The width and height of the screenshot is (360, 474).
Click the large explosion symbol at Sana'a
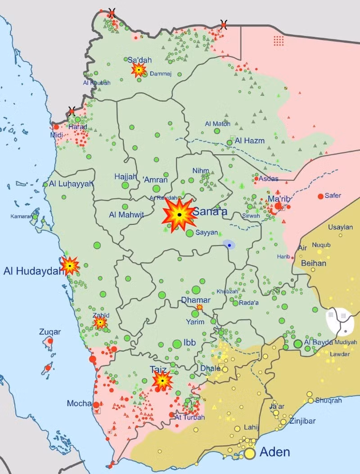click(179, 215)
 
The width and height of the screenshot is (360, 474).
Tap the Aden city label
click(275, 452)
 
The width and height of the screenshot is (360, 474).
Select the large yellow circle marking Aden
click(250, 454)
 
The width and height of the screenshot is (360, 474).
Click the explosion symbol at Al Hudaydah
click(70, 266)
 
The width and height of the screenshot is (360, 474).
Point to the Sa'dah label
click(139, 60)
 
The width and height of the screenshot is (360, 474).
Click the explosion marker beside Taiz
click(162, 381)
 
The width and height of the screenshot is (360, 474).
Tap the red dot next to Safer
click(320, 196)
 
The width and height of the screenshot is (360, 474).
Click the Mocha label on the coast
click(79, 403)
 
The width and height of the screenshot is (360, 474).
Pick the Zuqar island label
click(50, 332)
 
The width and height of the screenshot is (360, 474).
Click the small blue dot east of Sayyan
click(229, 245)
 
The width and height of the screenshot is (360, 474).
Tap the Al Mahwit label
click(126, 215)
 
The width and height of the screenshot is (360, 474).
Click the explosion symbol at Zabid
click(100, 322)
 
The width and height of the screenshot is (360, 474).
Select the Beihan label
click(313, 263)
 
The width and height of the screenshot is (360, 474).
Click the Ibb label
click(189, 343)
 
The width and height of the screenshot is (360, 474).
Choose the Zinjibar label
click(302, 421)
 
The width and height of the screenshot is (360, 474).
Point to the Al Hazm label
click(249, 141)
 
